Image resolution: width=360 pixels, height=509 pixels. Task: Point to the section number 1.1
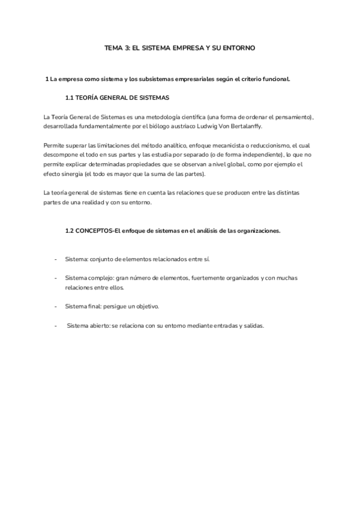tap(69, 97)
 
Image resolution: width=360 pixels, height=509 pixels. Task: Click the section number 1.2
tap(69, 231)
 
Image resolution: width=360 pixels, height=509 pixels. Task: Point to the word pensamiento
tap(291, 116)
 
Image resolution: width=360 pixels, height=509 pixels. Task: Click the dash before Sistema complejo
tap(56, 279)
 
